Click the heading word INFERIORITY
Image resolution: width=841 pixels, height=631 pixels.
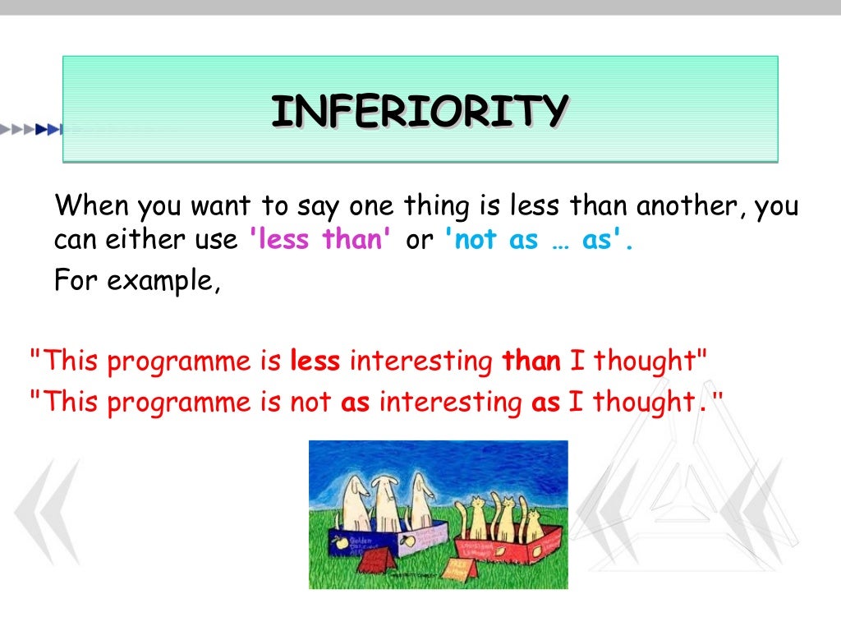[x=420, y=111]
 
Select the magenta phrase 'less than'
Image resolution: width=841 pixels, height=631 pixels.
[x=321, y=240]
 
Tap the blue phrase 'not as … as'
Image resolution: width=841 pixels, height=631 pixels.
[x=538, y=240]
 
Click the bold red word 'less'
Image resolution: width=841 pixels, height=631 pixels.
[x=319, y=361]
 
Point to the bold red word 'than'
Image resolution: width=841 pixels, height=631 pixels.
[x=531, y=361]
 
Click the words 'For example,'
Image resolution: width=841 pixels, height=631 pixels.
[x=137, y=281]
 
